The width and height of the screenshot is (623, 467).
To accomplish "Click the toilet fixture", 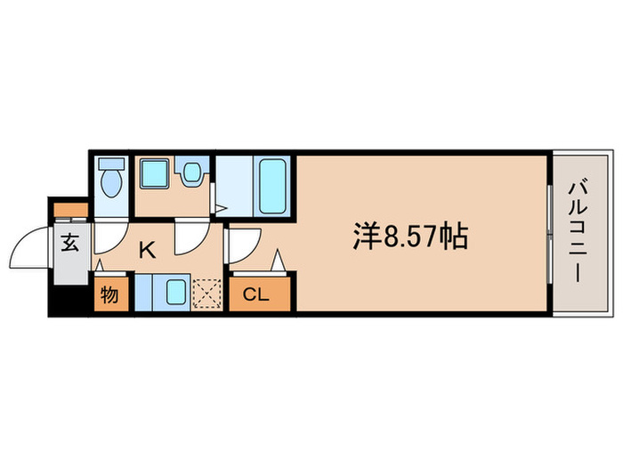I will click(110, 185).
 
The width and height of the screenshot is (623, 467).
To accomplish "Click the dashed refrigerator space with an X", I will click(206, 293).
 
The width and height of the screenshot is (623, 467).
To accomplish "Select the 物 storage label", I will click(109, 294).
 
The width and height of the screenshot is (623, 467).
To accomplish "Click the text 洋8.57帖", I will click(412, 237).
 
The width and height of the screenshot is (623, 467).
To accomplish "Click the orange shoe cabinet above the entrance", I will click(69, 211).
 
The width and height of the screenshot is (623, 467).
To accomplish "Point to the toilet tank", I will click(110, 166).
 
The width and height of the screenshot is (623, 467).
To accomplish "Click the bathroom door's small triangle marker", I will click(221, 209).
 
